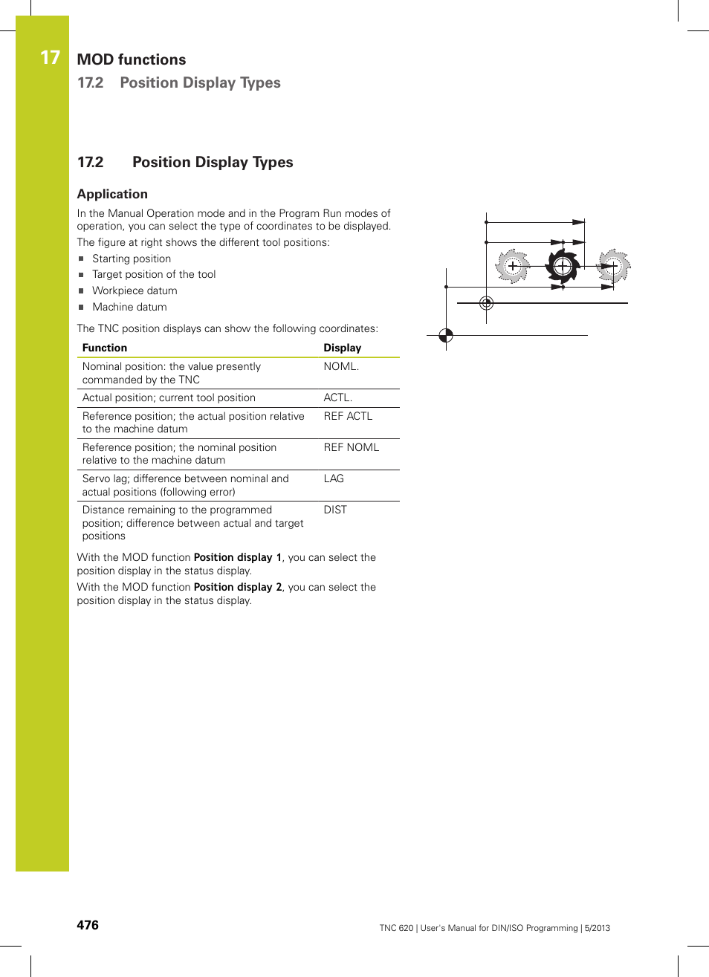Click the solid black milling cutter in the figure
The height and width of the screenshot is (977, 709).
pyautogui.click(x=563, y=265)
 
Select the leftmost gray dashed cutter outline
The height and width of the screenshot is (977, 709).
pyautogui.click(x=512, y=266)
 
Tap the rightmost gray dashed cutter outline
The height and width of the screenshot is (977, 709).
pyautogui.click(x=614, y=266)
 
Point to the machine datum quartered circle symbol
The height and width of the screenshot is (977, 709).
pyautogui.click(x=446, y=335)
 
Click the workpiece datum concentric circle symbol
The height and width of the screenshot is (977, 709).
pyautogui.click(x=486, y=303)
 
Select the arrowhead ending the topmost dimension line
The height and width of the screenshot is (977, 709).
pyautogui.click(x=578, y=222)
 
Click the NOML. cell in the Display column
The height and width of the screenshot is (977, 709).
pyautogui.click(x=341, y=366)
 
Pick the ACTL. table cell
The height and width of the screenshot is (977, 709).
pyautogui.click(x=337, y=397)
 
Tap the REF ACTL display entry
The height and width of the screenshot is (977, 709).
pyautogui.click(x=348, y=416)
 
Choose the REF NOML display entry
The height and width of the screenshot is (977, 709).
pyautogui.click(x=351, y=447)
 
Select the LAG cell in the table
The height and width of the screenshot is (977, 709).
pyautogui.click(x=334, y=478)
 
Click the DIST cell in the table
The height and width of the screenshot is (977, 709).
pyautogui.click(x=335, y=510)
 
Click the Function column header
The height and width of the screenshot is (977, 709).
pyautogui.click(x=105, y=348)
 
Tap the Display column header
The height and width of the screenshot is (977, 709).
pyautogui.click(x=342, y=348)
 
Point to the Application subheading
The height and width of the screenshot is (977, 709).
pyautogui.click(x=112, y=194)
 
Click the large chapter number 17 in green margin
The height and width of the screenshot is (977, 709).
pyautogui.click(x=50, y=58)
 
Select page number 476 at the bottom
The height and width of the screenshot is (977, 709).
pyautogui.click(x=88, y=925)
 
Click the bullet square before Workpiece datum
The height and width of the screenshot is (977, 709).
pyautogui.click(x=82, y=291)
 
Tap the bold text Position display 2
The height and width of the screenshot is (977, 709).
pyautogui.click(x=238, y=587)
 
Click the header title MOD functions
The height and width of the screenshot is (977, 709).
pyautogui.click(x=132, y=59)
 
